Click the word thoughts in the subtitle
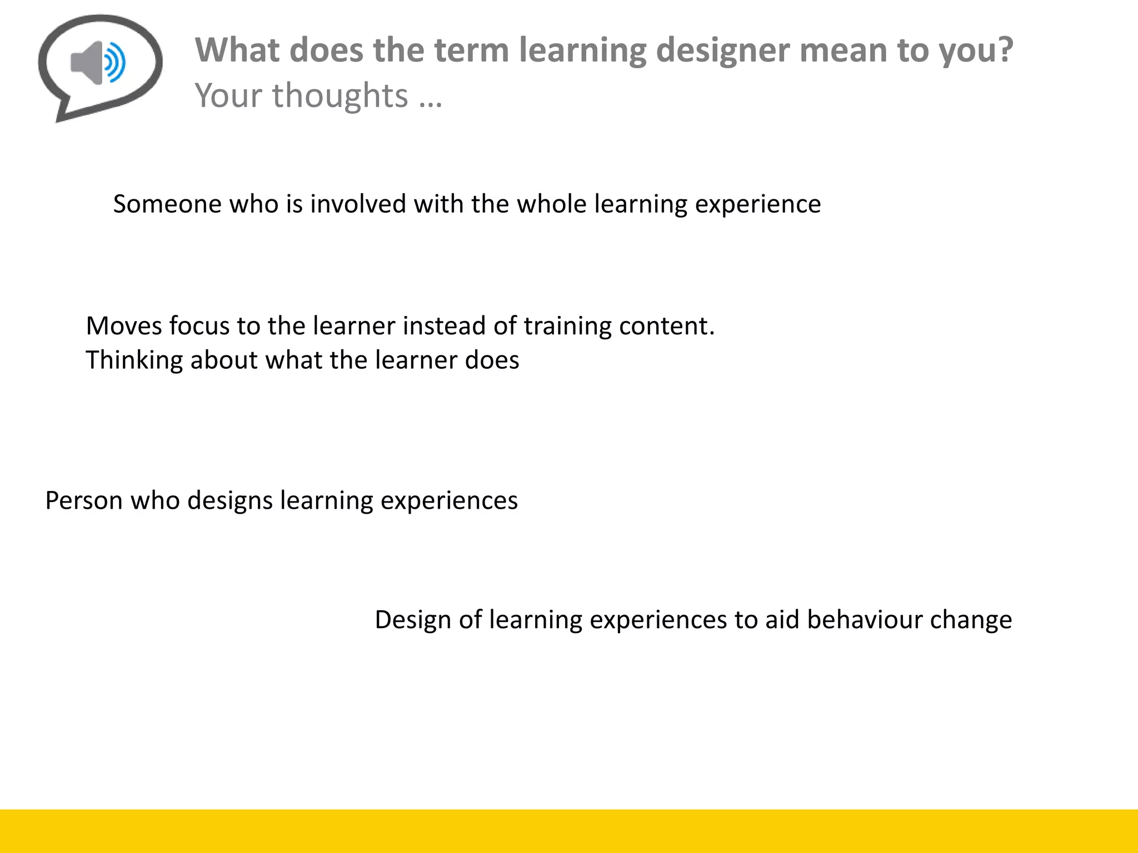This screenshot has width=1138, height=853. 340,96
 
